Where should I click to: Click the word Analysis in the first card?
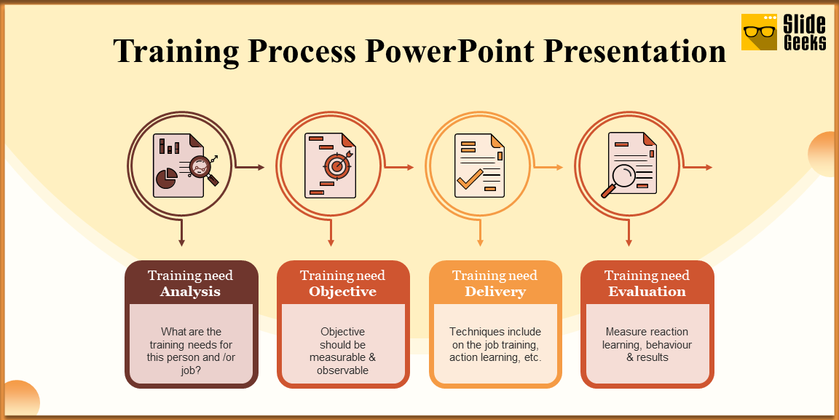point(190,292)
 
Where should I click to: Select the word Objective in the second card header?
point(342,292)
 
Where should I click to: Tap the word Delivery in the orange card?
point(495,292)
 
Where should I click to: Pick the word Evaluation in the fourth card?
point(647,292)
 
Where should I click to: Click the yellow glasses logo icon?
point(759,32)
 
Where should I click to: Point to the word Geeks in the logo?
point(805,43)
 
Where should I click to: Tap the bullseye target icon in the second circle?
point(336,166)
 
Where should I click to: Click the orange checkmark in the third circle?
point(470,177)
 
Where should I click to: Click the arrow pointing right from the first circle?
point(252,167)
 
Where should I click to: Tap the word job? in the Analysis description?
point(191,370)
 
